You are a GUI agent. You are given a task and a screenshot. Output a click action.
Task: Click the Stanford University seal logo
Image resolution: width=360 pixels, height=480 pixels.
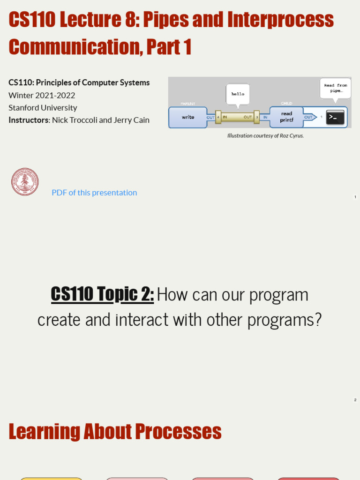coord(25,182)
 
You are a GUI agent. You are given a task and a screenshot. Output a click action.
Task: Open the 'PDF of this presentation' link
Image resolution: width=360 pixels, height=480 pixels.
coord(94,193)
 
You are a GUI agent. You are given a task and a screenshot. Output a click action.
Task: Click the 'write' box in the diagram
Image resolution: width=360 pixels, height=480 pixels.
coord(187,117)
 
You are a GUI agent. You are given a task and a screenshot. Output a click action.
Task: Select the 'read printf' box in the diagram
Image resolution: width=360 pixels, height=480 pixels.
coord(286,117)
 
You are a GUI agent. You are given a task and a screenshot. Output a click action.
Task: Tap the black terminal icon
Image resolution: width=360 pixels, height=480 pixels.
coord(335,117)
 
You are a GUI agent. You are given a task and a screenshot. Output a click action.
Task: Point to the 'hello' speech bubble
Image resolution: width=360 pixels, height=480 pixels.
coord(238,94)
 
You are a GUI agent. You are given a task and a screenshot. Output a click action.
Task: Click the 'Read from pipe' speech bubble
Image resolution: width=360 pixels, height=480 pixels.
coord(335,88)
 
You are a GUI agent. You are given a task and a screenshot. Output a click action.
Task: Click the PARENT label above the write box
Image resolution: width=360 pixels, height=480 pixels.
coord(187,104)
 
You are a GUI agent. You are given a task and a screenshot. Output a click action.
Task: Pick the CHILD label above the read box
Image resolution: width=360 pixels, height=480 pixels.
coord(286,104)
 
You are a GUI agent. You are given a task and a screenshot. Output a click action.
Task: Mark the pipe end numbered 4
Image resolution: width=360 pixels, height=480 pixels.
coord(218,117)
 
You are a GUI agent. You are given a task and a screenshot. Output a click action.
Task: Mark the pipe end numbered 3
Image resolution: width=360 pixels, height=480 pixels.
coord(256,117)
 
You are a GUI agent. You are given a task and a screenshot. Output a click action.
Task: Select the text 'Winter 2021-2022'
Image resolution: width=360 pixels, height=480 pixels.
coord(42,95)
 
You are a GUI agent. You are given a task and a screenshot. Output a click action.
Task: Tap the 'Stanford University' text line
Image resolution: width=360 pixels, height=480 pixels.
coord(43,107)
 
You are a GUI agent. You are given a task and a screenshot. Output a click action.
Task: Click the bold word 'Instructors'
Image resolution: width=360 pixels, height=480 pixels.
coord(29,120)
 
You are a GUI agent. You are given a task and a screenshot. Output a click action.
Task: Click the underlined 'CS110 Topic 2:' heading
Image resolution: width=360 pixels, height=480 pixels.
coord(102,294)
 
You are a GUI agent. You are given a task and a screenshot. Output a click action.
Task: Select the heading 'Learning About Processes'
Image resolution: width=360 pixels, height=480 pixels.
coord(115,431)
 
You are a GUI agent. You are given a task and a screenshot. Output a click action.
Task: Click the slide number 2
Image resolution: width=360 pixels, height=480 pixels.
coord(355,400)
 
